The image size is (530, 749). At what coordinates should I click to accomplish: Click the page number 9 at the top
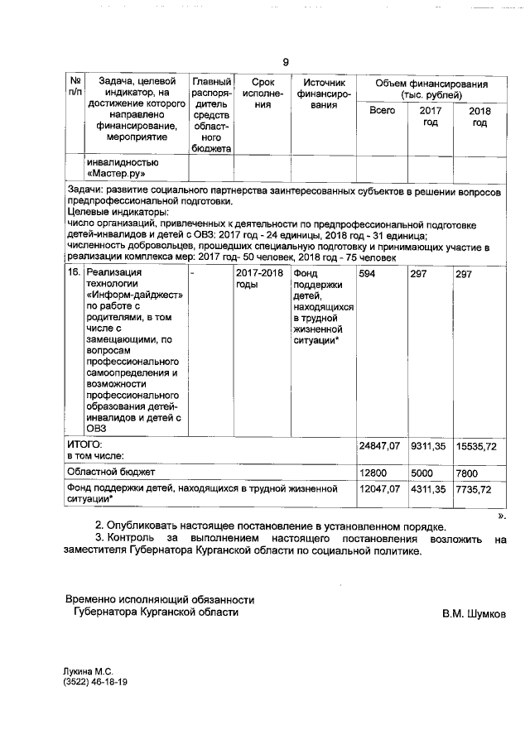[286, 62]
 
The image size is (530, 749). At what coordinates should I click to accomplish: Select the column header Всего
[382, 110]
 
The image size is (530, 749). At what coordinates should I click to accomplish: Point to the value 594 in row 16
[368, 274]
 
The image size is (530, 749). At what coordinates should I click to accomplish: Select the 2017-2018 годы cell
[258, 279]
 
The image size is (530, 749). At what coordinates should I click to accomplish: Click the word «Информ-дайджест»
[136, 295]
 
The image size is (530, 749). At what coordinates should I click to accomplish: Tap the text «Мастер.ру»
[116, 175]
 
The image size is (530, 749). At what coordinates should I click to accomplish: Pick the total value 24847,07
[378, 446]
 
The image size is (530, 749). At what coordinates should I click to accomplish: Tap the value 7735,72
[474, 490]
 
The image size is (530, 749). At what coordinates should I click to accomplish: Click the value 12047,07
[378, 490]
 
